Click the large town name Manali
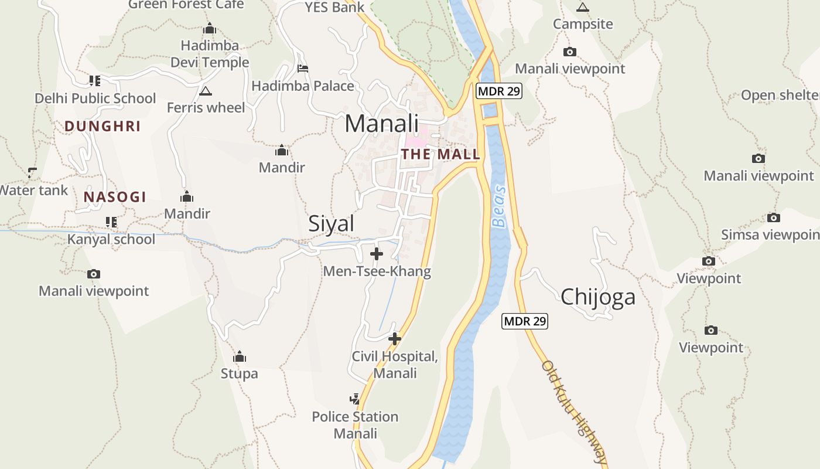381,124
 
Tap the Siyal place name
331,223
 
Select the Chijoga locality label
597,297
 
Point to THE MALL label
440,155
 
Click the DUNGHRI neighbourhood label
102,126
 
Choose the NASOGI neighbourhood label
115,197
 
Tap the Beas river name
499,206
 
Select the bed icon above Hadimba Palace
303,69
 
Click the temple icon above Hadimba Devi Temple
210,28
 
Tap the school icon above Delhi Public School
95,80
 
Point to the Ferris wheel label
206,108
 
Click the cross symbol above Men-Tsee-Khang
377,254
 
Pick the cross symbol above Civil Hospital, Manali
395,339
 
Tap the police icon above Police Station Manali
355,400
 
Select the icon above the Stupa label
239,356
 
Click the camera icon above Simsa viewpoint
774,218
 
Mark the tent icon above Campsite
582,7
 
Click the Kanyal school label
111,239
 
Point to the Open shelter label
780,95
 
